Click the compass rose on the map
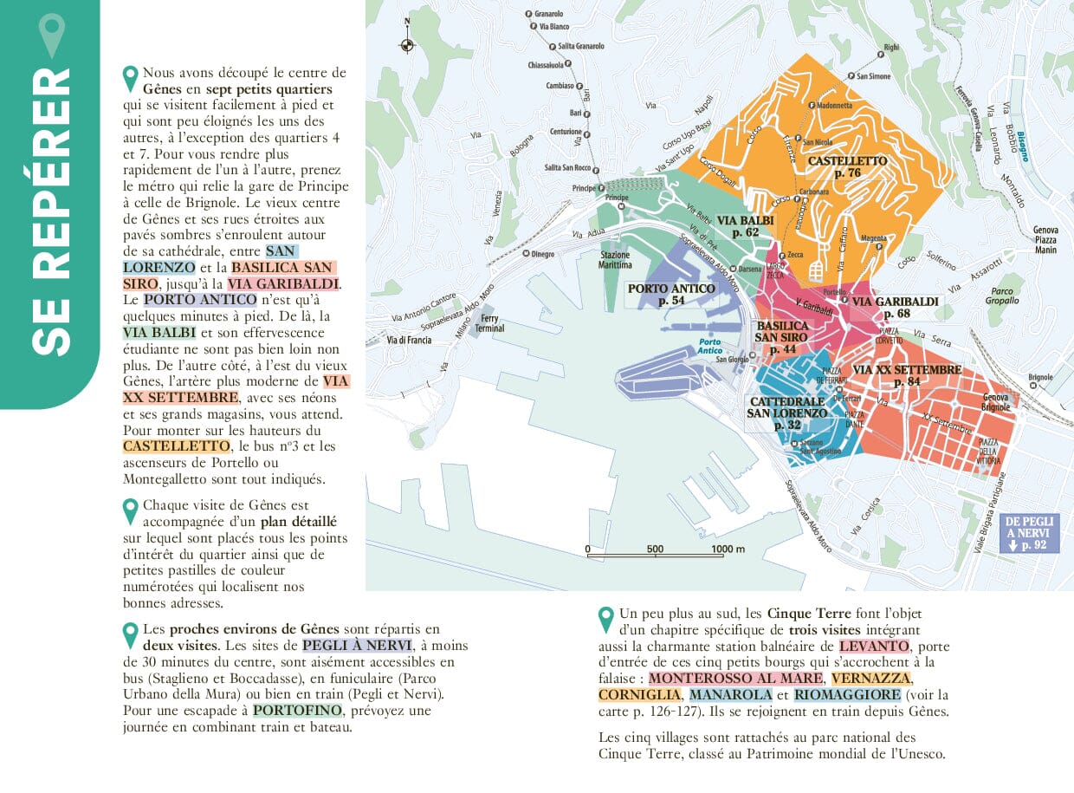[407, 44]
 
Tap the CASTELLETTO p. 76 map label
[847, 166]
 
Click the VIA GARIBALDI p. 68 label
[896, 307]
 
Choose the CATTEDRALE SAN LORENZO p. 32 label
[786, 413]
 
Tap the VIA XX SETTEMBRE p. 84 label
[907, 375]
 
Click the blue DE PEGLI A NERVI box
[1030, 533]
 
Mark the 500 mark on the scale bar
[655, 549]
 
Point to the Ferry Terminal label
[490, 323]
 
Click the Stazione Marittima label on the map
[616, 260]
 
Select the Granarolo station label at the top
[549, 14]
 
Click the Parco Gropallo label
[1002, 296]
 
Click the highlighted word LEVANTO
[874, 647]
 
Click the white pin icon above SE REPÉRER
[53, 35]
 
